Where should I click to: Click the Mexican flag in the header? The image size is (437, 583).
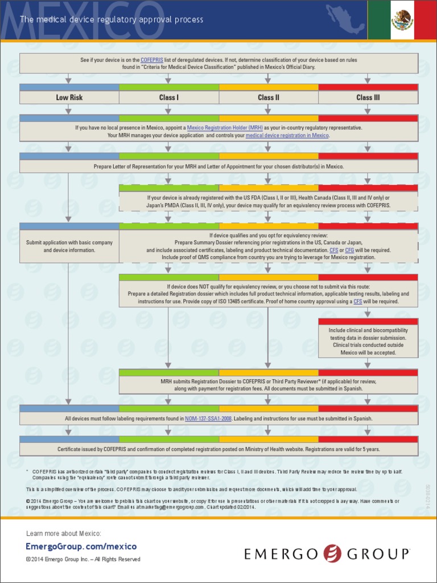pyautogui.click(x=402, y=20)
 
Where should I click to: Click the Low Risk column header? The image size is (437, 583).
pyautogui.click(x=69, y=97)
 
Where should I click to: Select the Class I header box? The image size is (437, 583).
pyautogui.click(x=168, y=97)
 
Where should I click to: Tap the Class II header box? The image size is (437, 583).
pyautogui.click(x=269, y=97)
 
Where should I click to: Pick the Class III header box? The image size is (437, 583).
pyautogui.click(x=368, y=97)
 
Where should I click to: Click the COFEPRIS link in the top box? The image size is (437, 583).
pyautogui.click(x=152, y=60)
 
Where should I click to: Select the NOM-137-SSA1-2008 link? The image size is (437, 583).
pyautogui.click(x=208, y=418)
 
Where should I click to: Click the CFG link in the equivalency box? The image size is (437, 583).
pyautogui.click(x=349, y=250)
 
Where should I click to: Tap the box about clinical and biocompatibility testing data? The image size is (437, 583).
pyautogui.click(x=368, y=341)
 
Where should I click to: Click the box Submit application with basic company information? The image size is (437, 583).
pyautogui.click(x=69, y=247)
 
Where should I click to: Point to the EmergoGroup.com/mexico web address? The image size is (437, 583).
pyautogui.click(x=81, y=547)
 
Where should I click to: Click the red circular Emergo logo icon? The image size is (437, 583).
pyautogui.click(x=332, y=553)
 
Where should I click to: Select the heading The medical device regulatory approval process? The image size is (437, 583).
pyautogui.click(x=112, y=20)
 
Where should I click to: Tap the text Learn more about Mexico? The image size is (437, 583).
pyautogui.click(x=64, y=533)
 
